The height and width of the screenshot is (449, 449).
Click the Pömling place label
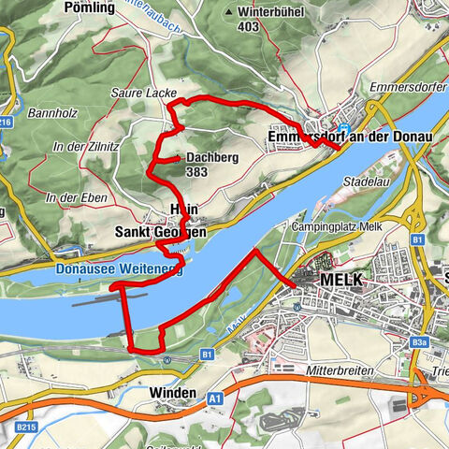116,7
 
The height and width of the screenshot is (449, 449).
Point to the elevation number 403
248,27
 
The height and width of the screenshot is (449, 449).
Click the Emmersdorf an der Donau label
350,137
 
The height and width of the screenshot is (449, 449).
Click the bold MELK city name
340,281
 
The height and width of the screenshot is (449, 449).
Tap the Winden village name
173,392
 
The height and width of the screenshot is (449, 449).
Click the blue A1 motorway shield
216,398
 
